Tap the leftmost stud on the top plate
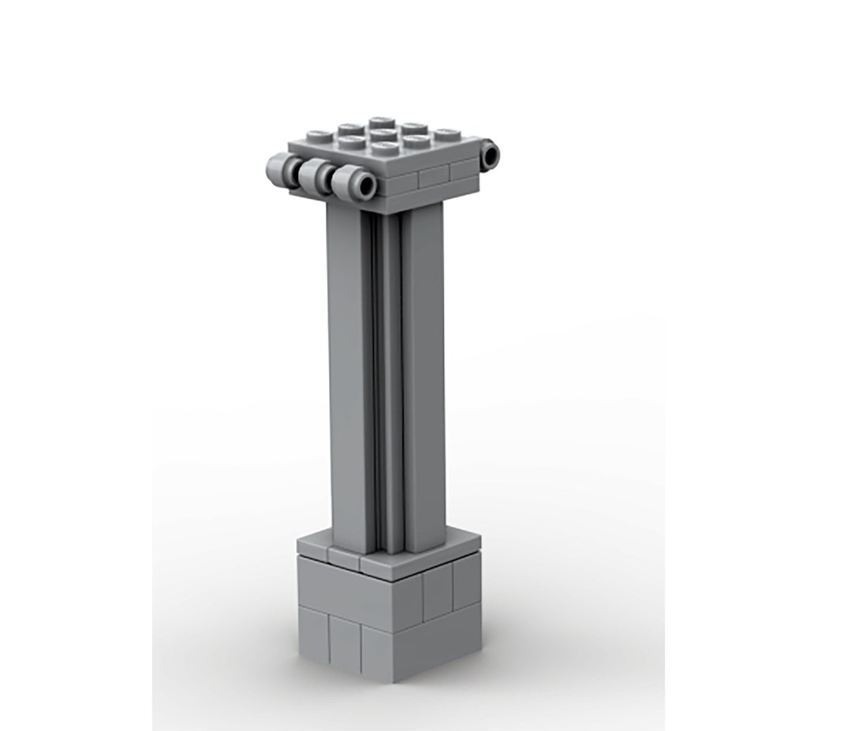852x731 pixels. [x=320, y=135]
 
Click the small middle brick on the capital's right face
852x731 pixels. [x=433, y=177]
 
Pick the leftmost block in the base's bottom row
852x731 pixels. [x=312, y=632]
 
